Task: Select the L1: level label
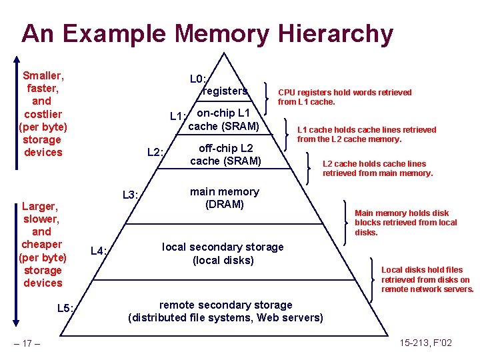coord(177,117)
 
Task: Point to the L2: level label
coord(155,153)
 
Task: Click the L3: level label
coord(131,195)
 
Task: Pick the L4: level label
coord(99,251)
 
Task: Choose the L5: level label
coord(69,308)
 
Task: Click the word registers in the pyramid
coord(225,91)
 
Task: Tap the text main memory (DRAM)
coord(225,198)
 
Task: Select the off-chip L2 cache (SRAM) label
coord(225,154)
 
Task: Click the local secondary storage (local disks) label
coord(223,253)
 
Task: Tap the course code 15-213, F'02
coord(426,343)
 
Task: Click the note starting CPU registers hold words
coord(345,97)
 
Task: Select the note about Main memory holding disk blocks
coord(406,223)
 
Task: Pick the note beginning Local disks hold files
coord(427,279)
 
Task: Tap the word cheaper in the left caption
coord(41,245)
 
